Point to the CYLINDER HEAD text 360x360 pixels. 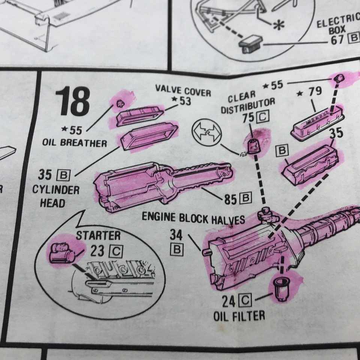click(50, 196)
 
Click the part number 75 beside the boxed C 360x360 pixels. click(248, 117)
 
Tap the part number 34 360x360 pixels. click(176, 235)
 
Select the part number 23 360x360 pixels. click(97, 250)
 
